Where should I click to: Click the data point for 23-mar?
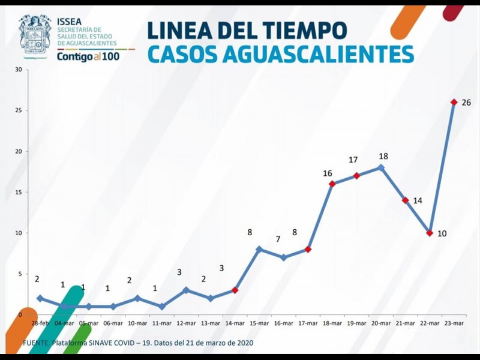[x=454, y=102]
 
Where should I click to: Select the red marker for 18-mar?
[x=332, y=184]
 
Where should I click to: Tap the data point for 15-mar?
[x=259, y=249]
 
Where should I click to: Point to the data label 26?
[x=466, y=103]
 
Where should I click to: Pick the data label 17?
[x=353, y=160]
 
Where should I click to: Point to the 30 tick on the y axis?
[x=19, y=70]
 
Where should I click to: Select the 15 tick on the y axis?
[x=19, y=192]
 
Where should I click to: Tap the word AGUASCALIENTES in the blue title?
[x=318, y=54]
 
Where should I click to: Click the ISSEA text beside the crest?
[x=70, y=20]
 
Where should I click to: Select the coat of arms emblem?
[x=35, y=35]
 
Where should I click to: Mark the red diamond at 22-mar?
[x=430, y=233]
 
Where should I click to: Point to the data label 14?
[x=418, y=201]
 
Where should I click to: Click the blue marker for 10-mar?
[x=137, y=298]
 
